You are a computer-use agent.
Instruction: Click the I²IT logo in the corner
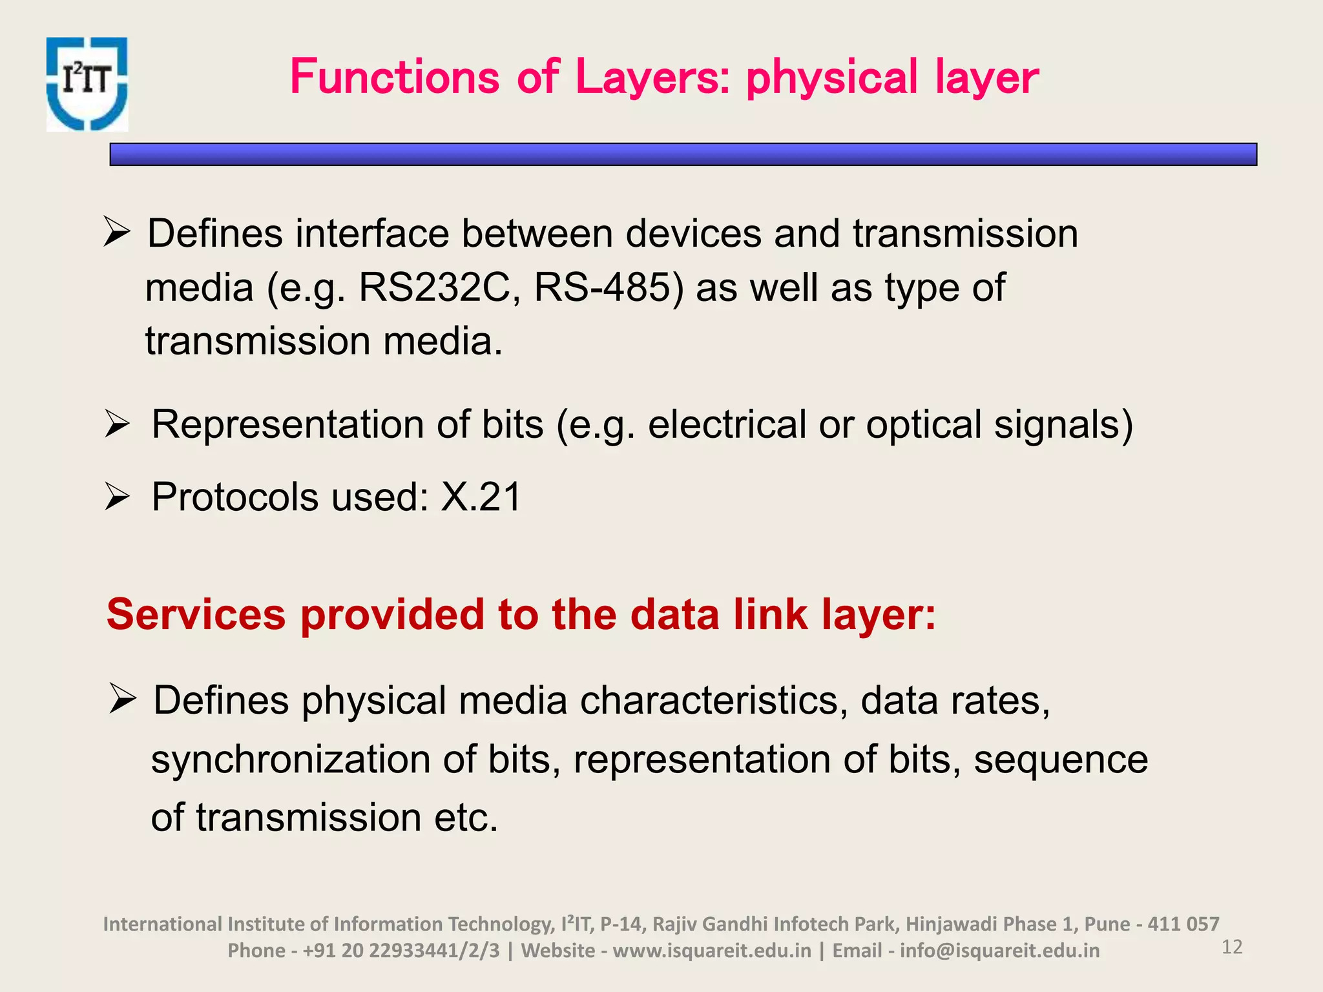[87, 84]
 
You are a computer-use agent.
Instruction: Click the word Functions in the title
[395, 77]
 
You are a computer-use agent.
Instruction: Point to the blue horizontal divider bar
[683, 154]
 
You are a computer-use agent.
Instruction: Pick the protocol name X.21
[481, 497]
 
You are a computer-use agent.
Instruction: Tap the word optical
[924, 425]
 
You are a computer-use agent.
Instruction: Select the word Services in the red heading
[196, 614]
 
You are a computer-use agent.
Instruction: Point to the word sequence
[1061, 759]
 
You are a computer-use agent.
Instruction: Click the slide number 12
[1232, 947]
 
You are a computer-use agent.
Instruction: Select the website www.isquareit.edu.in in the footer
[712, 951]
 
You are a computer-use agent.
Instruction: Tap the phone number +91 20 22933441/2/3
[401, 951]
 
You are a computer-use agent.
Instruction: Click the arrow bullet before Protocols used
[118, 498]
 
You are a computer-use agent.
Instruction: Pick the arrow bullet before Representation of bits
[118, 425]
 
